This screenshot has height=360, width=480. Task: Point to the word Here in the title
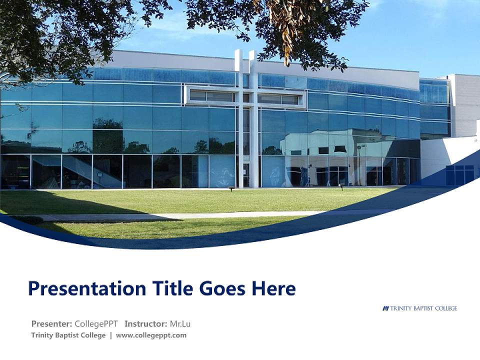coord(273,288)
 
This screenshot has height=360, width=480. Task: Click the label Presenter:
coord(52,323)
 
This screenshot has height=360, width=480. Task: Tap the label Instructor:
coord(146,323)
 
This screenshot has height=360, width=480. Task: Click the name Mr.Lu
coord(180,323)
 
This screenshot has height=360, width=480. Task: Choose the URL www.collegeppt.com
coord(151,335)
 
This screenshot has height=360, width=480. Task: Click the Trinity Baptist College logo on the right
coord(420,308)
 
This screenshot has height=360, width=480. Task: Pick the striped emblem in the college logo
coord(385,308)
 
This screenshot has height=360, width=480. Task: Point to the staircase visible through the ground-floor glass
coord(80,170)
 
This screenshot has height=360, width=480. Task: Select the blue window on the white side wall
coord(459,174)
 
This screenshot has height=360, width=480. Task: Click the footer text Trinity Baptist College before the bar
coord(68,335)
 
